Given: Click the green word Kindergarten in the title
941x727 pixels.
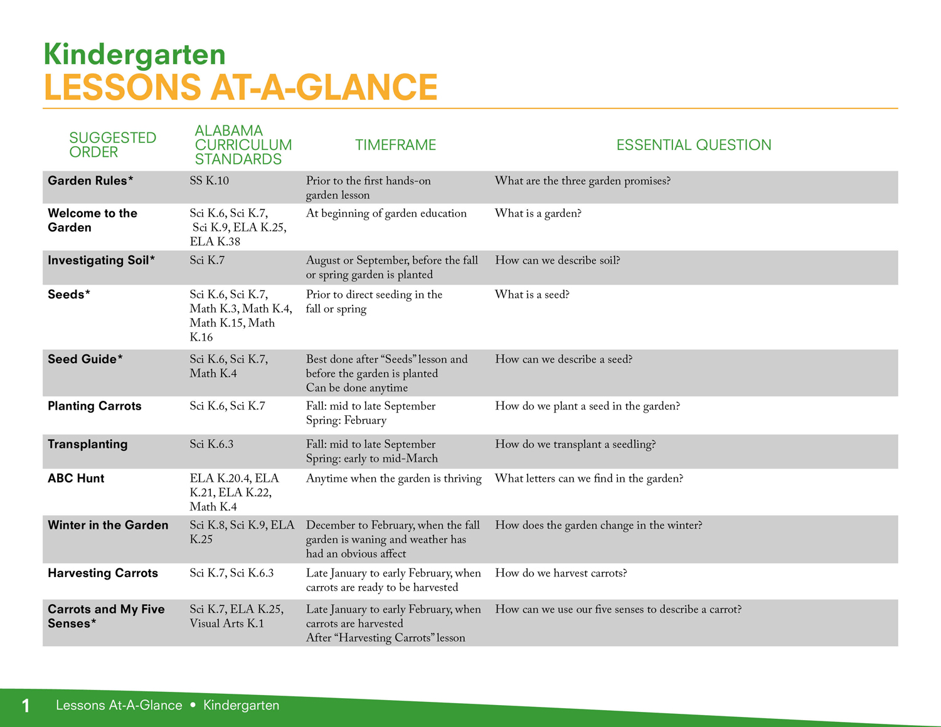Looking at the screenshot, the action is [135, 55].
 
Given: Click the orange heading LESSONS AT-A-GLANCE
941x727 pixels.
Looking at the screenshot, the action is [241, 87].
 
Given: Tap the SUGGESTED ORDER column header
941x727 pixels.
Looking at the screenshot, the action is [112, 145].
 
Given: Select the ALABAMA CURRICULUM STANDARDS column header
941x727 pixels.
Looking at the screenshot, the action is [243, 145].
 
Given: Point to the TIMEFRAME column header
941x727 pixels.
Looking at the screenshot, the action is [395, 145].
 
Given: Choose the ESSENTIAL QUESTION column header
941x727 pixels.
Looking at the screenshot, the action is [694, 145].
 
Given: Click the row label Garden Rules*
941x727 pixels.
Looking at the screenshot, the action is [90, 181].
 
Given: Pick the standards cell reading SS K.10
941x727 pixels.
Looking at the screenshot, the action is [209, 181].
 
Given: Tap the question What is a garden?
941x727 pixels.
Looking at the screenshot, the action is [538, 213].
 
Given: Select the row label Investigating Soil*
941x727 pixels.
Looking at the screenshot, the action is [101, 260].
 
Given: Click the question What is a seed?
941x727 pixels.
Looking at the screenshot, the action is [532, 294].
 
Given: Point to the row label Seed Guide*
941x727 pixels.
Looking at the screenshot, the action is [85, 359].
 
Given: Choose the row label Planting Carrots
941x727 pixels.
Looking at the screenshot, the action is [94, 406].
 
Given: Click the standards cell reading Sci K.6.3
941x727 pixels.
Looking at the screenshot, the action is [211, 444].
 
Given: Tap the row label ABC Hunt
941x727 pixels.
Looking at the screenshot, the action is [76, 479].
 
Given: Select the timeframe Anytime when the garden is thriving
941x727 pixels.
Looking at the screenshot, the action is [393, 479].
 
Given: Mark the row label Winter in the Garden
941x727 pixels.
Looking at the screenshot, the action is [108, 525].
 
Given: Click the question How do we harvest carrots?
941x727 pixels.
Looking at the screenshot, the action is [561, 573].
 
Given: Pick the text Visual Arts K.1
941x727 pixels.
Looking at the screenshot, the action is [226, 624].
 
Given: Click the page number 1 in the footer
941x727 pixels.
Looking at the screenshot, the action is [26, 705].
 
